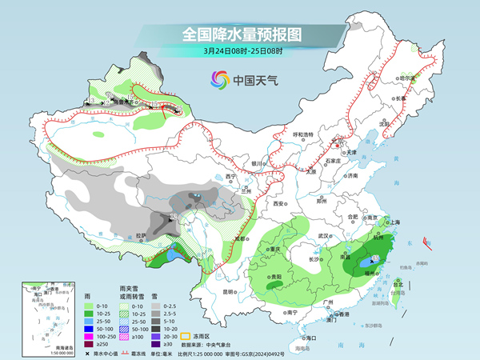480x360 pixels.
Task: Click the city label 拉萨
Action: pyautogui.click(x=141, y=235)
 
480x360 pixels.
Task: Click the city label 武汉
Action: pyautogui.click(x=324, y=236)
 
